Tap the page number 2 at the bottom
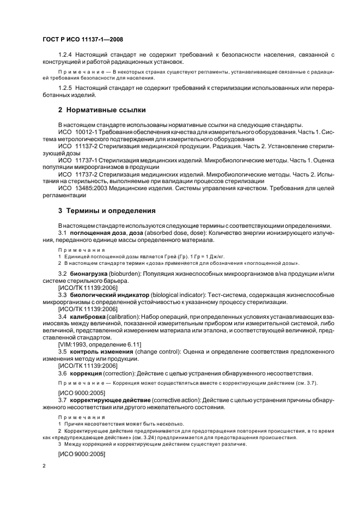coord(44,466)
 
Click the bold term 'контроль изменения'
coord(102,352)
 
